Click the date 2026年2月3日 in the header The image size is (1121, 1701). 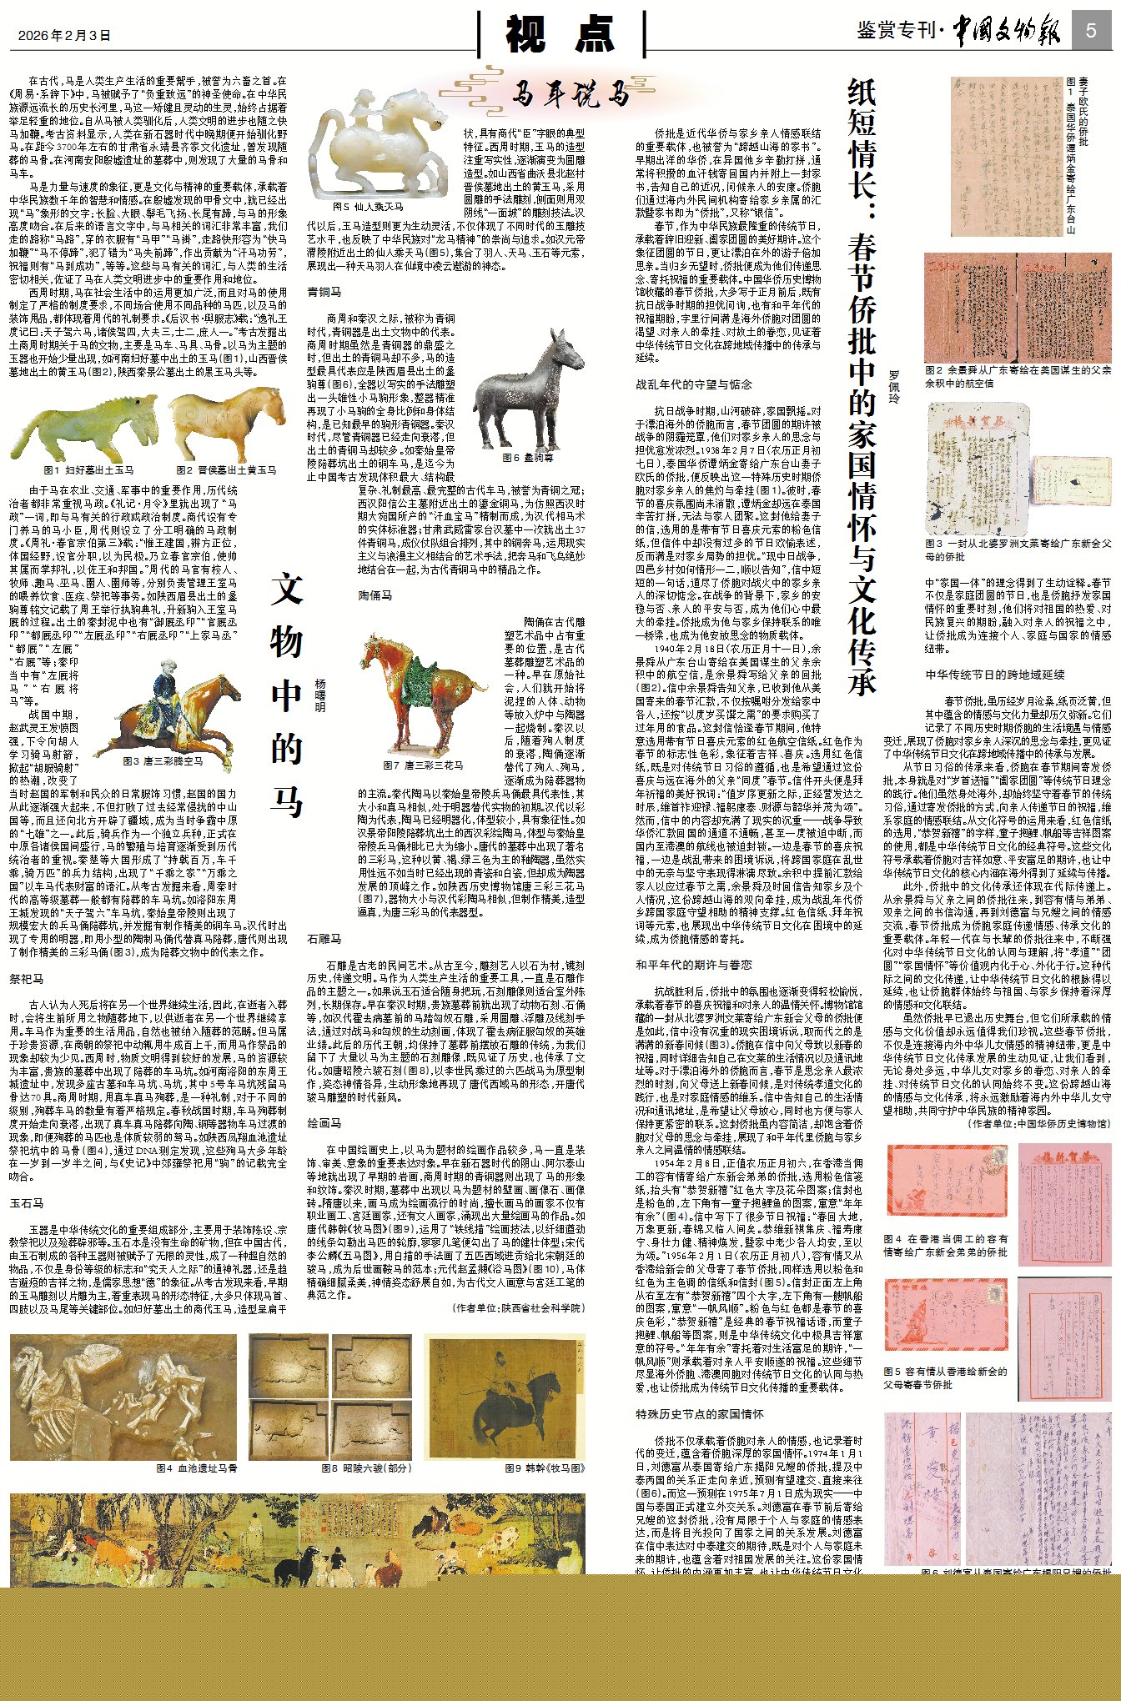(x=64, y=35)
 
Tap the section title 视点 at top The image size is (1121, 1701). (x=560, y=34)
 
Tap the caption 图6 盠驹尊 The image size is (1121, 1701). (x=527, y=457)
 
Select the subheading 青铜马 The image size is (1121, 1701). (x=324, y=292)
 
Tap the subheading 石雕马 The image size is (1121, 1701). (x=324, y=939)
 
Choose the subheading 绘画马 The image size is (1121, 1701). (x=324, y=1123)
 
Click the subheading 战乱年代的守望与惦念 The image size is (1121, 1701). (x=694, y=384)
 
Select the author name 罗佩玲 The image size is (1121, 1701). (x=894, y=387)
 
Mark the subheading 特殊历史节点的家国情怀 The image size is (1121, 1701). (x=700, y=1414)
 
